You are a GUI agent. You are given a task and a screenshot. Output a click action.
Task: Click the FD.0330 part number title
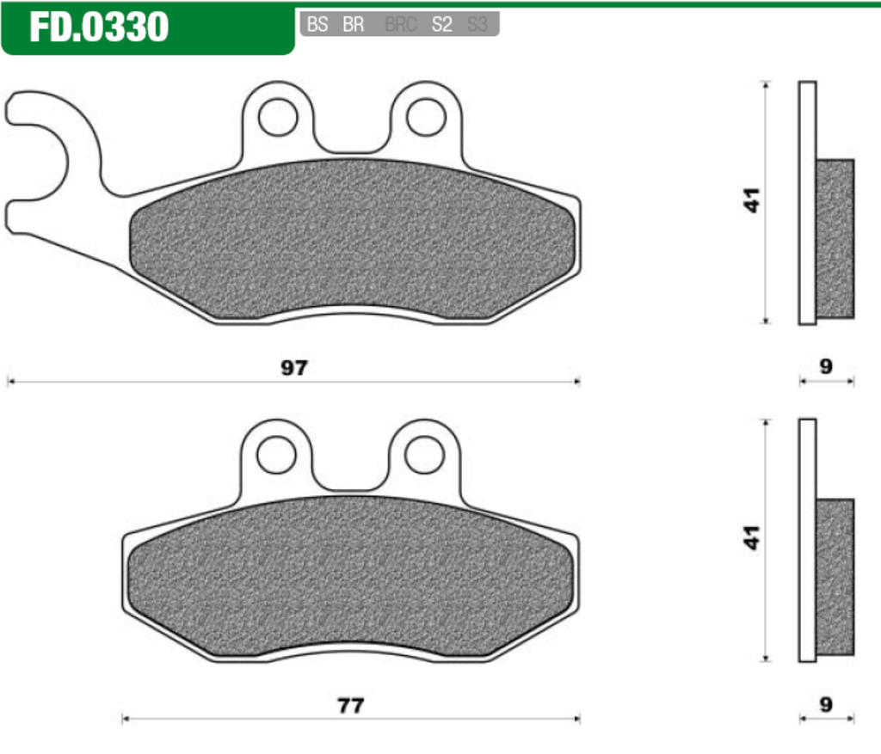pyautogui.click(x=99, y=28)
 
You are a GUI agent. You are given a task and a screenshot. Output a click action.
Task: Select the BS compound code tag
pyautogui.click(x=317, y=25)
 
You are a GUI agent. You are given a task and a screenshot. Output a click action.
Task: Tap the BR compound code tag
pyautogui.click(x=353, y=25)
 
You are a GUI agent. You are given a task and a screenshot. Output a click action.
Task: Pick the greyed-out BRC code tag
pyautogui.click(x=401, y=25)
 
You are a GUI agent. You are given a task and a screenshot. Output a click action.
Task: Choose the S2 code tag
pyautogui.click(x=441, y=25)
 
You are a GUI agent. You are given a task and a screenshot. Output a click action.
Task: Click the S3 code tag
pyautogui.click(x=477, y=25)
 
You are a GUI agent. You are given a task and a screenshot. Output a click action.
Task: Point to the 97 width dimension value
pyautogui.click(x=293, y=368)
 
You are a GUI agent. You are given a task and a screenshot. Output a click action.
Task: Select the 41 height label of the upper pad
pyautogui.click(x=754, y=201)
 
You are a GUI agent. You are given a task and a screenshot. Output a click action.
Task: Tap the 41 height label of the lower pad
pyautogui.click(x=754, y=538)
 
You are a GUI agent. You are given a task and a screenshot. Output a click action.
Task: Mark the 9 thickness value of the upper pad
pyautogui.click(x=826, y=367)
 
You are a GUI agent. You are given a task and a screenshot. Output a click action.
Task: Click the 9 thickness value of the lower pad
pyautogui.click(x=826, y=705)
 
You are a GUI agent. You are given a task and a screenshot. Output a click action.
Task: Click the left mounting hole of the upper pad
pyautogui.click(x=277, y=117)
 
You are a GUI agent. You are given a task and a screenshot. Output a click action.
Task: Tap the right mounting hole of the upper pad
pyautogui.click(x=426, y=117)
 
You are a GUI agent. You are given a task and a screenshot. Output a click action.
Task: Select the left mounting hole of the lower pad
pyautogui.click(x=277, y=454)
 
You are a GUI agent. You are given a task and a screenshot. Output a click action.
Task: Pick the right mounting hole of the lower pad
pyautogui.click(x=424, y=454)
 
